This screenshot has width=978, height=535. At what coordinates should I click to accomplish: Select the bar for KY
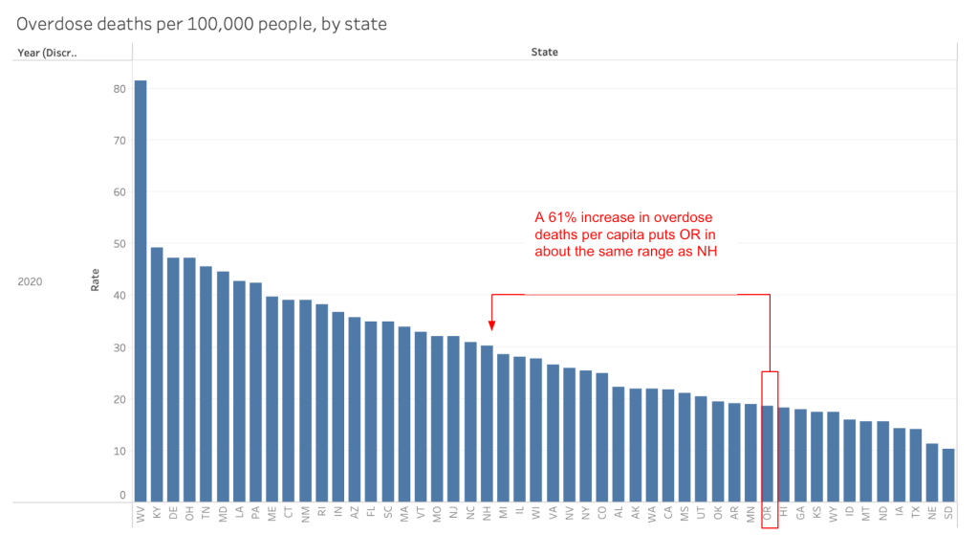157,373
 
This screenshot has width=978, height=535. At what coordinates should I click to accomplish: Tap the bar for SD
947,475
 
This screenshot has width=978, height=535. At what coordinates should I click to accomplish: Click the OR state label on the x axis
767,513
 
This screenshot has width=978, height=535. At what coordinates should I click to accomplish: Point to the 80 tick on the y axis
120,88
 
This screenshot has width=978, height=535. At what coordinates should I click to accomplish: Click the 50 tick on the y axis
120,243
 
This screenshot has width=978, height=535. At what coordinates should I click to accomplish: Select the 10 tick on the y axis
120,450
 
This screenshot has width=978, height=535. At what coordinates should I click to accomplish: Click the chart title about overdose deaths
202,24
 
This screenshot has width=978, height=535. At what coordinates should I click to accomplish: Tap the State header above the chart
544,52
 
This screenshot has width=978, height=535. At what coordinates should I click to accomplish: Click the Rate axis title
95,279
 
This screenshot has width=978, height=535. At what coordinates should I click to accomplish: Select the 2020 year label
32,282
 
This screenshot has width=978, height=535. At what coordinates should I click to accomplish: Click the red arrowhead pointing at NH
491,325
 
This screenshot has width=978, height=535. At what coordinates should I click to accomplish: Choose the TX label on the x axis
915,513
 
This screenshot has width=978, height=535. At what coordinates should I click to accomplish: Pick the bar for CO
601,436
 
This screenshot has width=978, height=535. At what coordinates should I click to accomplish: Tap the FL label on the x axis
371,513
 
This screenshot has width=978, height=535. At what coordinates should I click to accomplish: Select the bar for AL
618,443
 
